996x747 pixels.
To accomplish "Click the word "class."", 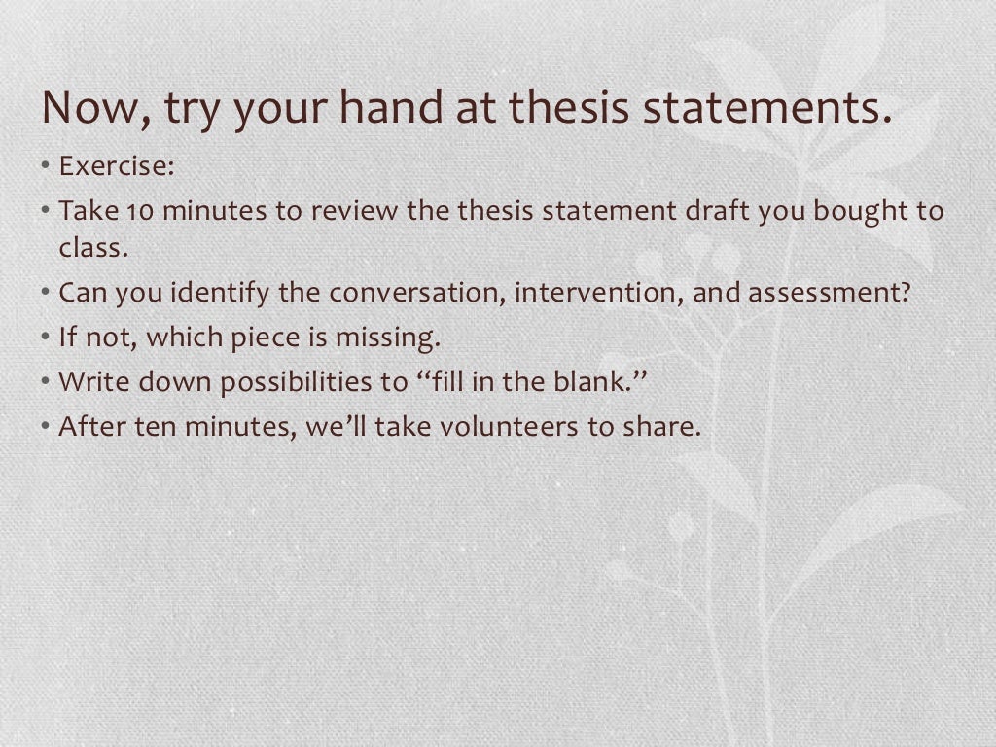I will pyautogui.click(x=93, y=247).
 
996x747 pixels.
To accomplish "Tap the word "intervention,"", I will pyautogui.click(x=599, y=292).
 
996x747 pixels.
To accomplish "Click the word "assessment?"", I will pyautogui.click(x=831, y=292).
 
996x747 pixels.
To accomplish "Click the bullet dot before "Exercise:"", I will pyautogui.click(x=46, y=166).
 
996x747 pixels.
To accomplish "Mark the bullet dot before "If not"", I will pyautogui.click(x=46, y=338).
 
